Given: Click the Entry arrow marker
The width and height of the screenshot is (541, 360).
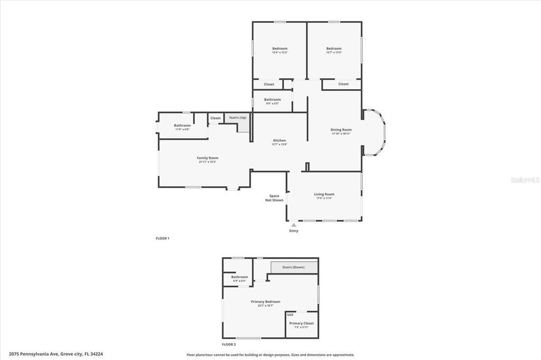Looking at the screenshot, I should tap(294, 225).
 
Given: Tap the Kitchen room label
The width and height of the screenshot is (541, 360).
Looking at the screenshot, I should tap(279, 140).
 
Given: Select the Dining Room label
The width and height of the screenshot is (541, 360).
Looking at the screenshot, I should tap(341, 129).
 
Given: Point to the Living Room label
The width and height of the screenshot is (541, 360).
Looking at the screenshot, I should tap(325, 194).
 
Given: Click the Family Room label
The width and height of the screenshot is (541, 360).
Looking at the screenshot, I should tap(207, 158).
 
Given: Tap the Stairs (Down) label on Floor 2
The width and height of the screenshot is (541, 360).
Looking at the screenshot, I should tap(293, 267).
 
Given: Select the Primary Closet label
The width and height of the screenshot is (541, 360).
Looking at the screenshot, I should tap(301, 323).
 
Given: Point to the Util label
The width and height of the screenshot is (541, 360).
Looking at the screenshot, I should tap(290, 315).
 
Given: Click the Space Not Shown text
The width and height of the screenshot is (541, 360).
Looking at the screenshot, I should tap(274, 198).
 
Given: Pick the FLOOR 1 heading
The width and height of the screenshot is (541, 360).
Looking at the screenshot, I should tap(162, 239).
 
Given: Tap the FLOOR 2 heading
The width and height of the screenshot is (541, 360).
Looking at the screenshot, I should tap(229, 344).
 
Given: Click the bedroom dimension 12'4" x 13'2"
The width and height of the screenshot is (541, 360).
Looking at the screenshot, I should tap(279, 52).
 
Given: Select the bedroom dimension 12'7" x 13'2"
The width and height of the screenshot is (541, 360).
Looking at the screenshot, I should tap(333, 52).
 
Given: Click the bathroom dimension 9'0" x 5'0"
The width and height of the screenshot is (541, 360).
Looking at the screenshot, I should tap(272, 103).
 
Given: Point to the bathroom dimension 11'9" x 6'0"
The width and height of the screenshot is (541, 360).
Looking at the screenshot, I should tap(182, 129).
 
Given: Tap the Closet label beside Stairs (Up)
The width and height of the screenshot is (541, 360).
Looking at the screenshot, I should tap(216, 118).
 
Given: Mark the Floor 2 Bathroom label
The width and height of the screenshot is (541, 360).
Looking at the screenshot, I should tap(239, 277).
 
